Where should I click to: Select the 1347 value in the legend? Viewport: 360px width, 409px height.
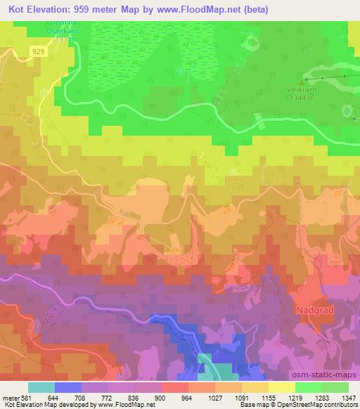tap(348, 398)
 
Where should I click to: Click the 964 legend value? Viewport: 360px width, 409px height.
tap(188, 398)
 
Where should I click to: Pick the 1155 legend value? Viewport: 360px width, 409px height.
tap(268, 398)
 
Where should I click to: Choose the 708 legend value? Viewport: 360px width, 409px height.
tap(81, 398)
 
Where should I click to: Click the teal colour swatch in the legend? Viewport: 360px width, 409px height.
tap(41, 387)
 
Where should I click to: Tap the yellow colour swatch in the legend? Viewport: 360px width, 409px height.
tap(281, 387)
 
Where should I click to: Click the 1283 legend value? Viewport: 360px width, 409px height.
tap(321, 398)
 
